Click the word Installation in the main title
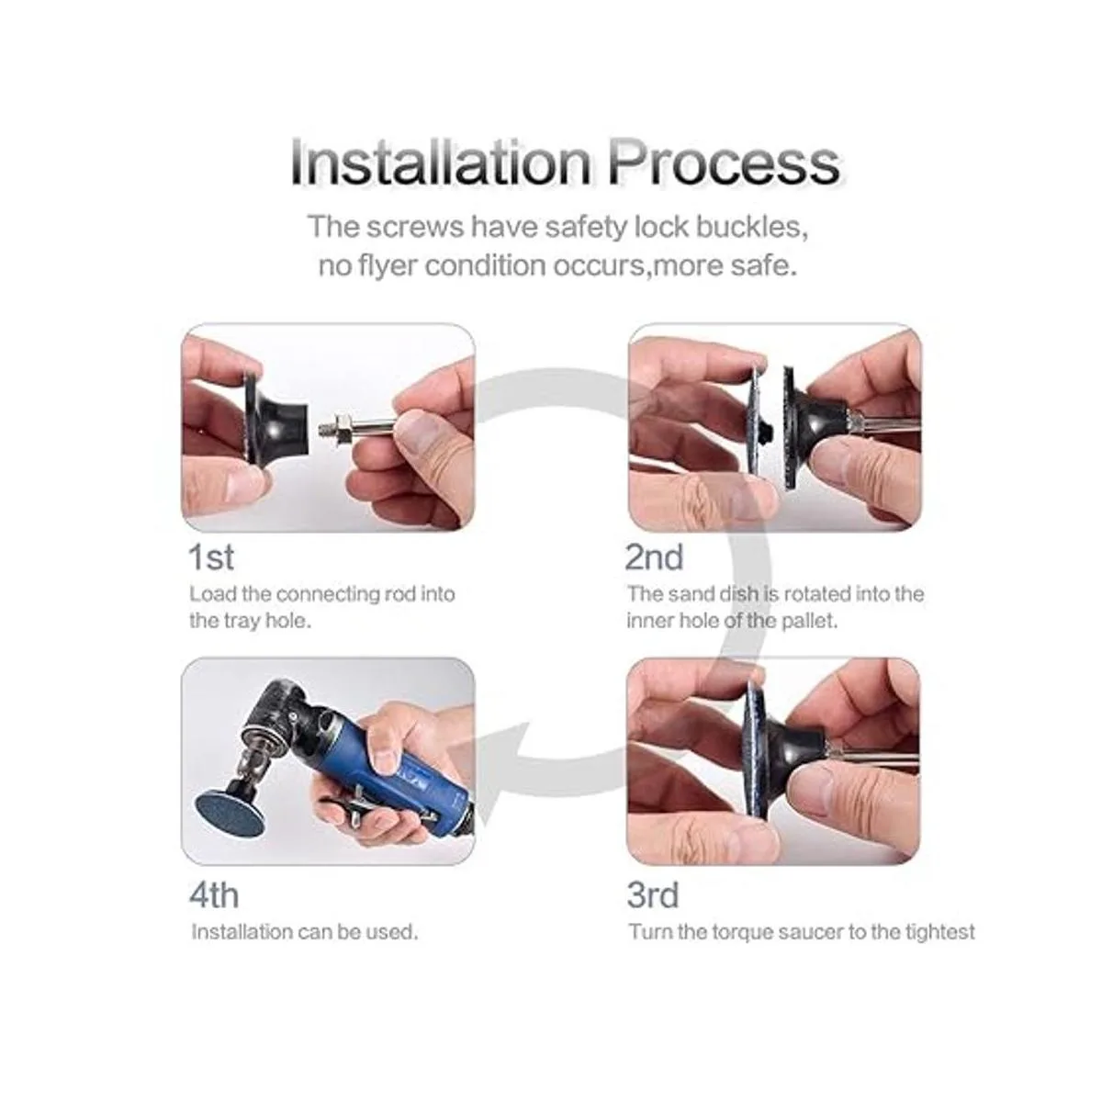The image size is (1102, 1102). [440, 163]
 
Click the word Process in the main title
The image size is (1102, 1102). [723, 163]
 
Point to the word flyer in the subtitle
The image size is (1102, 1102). [388, 267]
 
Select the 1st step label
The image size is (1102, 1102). [211, 557]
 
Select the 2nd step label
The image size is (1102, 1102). [654, 557]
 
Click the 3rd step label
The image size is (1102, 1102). [653, 894]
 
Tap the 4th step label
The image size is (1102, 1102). [213, 894]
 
